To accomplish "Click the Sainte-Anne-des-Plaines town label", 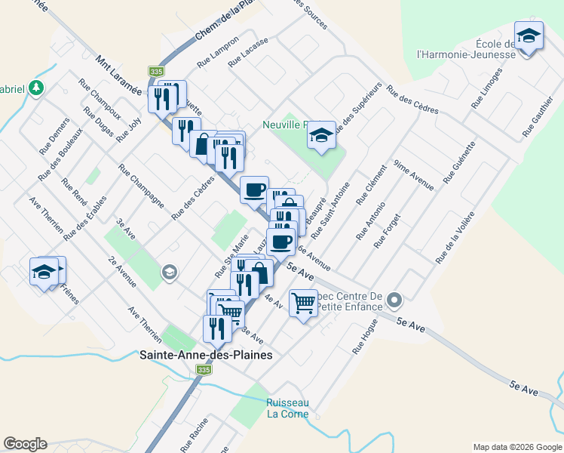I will click(x=205, y=354).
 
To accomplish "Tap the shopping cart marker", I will click(x=303, y=304).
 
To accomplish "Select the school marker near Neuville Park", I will click(x=322, y=135).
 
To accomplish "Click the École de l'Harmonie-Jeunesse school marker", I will click(x=529, y=35).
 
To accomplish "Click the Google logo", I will click(x=25, y=444).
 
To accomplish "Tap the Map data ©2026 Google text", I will click(x=516, y=447).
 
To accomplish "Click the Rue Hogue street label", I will click(x=365, y=337).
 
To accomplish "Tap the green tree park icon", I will click(x=35, y=88).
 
